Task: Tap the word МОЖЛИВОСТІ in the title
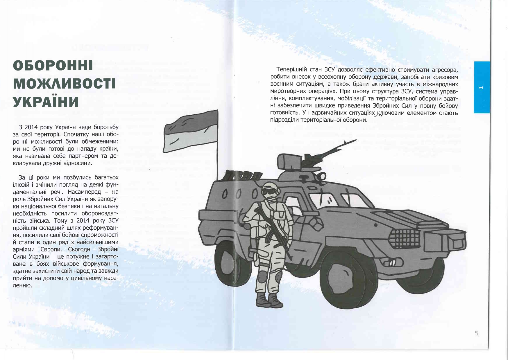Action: click(64, 84)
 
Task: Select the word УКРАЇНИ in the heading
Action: click(46, 102)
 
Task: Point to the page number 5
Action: click(476, 333)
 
